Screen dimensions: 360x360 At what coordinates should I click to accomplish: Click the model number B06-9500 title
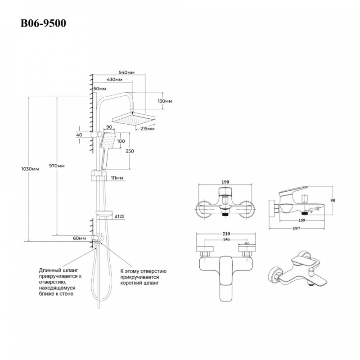click(x=43, y=23)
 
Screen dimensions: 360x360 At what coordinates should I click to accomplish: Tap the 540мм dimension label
click(x=126, y=72)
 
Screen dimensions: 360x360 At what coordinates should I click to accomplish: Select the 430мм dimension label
click(x=115, y=80)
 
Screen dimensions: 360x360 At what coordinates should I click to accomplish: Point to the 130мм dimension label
click(x=165, y=101)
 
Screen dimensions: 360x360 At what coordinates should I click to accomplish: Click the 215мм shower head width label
click(x=148, y=129)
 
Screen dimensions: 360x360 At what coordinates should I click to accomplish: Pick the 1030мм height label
click(x=30, y=169)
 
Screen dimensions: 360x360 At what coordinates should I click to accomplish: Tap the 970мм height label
click(x=57, y=166)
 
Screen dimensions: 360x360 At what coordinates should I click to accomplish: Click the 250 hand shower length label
click(x=130, y=151)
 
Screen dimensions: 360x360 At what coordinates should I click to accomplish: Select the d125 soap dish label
click(x=120, y=216)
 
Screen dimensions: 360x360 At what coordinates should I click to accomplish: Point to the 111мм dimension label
click(x=117, y=178)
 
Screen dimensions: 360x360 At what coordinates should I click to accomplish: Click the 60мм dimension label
click(x=80, y=238)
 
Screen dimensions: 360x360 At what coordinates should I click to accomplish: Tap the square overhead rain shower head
click(x=134, y=119)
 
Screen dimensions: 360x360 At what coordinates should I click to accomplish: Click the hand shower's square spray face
click(x=108, y=140)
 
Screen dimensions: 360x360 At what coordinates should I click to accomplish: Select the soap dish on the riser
click(x=104, y=215)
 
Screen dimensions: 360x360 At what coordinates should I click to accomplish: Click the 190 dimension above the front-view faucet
click(x=225, y=182)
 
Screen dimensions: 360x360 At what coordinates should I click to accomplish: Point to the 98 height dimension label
click(x=333, y=200)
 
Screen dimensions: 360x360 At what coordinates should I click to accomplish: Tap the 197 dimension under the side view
click(x=297, y=229)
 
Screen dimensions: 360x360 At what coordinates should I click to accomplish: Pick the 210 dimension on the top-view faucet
click(x=226, y=234)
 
